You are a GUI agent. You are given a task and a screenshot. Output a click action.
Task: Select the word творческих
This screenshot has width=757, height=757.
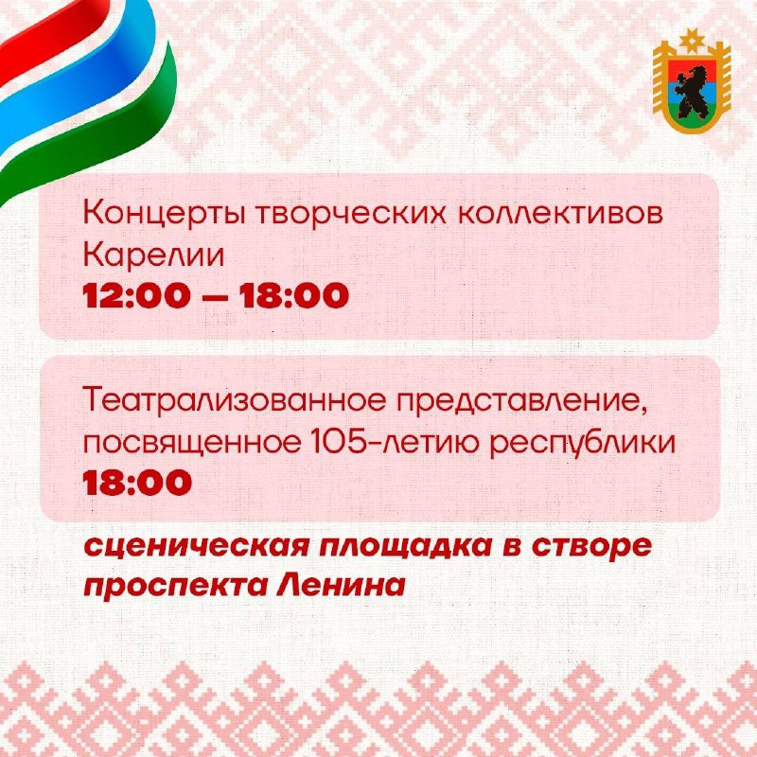tap(352, 215)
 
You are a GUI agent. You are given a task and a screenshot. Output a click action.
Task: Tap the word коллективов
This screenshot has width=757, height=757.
tap(560, 215)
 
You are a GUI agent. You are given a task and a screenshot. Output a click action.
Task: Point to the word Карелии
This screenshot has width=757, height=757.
tap(153, 255)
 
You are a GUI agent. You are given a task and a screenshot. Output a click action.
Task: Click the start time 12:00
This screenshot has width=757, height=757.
tap(136, 295)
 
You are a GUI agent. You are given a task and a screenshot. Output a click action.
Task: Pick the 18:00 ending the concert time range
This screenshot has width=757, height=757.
tap(294, 295)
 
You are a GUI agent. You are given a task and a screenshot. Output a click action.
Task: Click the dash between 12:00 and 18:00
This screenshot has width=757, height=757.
tap(215, 296)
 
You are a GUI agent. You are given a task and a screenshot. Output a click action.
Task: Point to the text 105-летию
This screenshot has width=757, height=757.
tap(395, 443)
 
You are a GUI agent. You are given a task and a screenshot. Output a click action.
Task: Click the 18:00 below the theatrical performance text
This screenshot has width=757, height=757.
tap(137, 483)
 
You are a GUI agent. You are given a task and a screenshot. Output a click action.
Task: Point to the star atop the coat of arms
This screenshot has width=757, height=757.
tap(692, 41)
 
